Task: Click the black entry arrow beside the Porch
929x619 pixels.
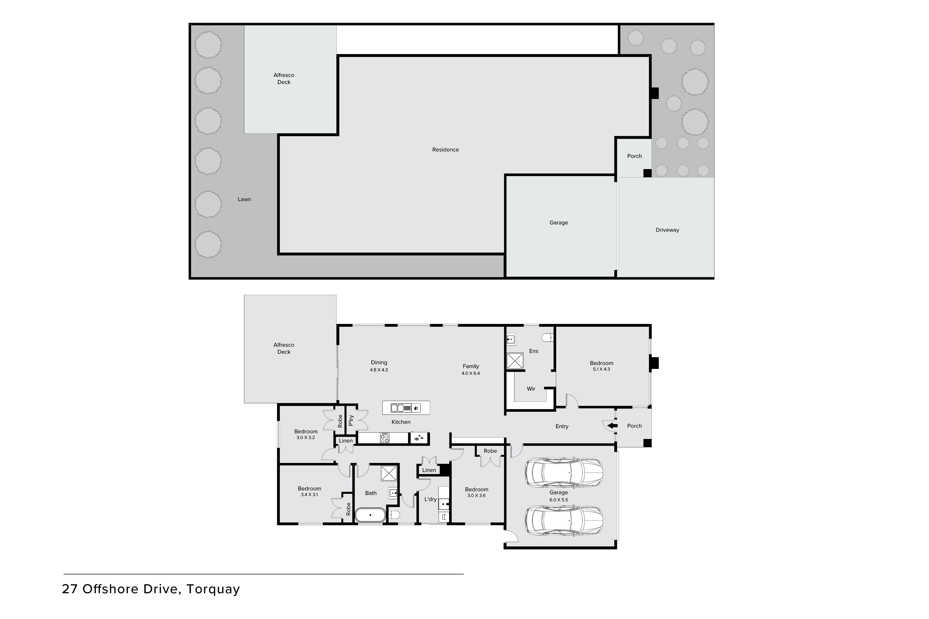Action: coord(612,426)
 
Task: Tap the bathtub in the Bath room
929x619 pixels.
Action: coord(370,515)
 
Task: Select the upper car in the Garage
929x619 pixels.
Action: coord(564,473)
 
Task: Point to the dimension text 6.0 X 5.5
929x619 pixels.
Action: coord(558,500)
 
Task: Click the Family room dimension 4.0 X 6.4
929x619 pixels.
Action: coord(470,373)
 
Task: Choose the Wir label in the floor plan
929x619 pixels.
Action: coord(531,389)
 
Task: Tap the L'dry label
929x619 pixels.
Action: coord(430,499)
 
